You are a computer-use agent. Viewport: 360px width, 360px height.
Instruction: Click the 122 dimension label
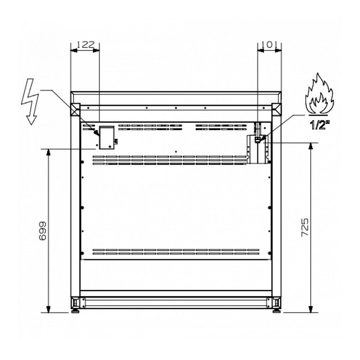pyautogui.click(x=85, y=44)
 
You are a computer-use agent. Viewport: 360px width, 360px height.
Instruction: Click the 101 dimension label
pyautogui.click(x=269, y=44)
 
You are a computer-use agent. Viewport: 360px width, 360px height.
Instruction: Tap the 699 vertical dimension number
pyautogui.click(x=43, y=231)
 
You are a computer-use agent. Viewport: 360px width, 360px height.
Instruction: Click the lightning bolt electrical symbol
pyautogui.click(x=30, y=102)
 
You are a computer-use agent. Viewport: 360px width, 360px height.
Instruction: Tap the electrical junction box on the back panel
pyautogui.click(x=107, y=138)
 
